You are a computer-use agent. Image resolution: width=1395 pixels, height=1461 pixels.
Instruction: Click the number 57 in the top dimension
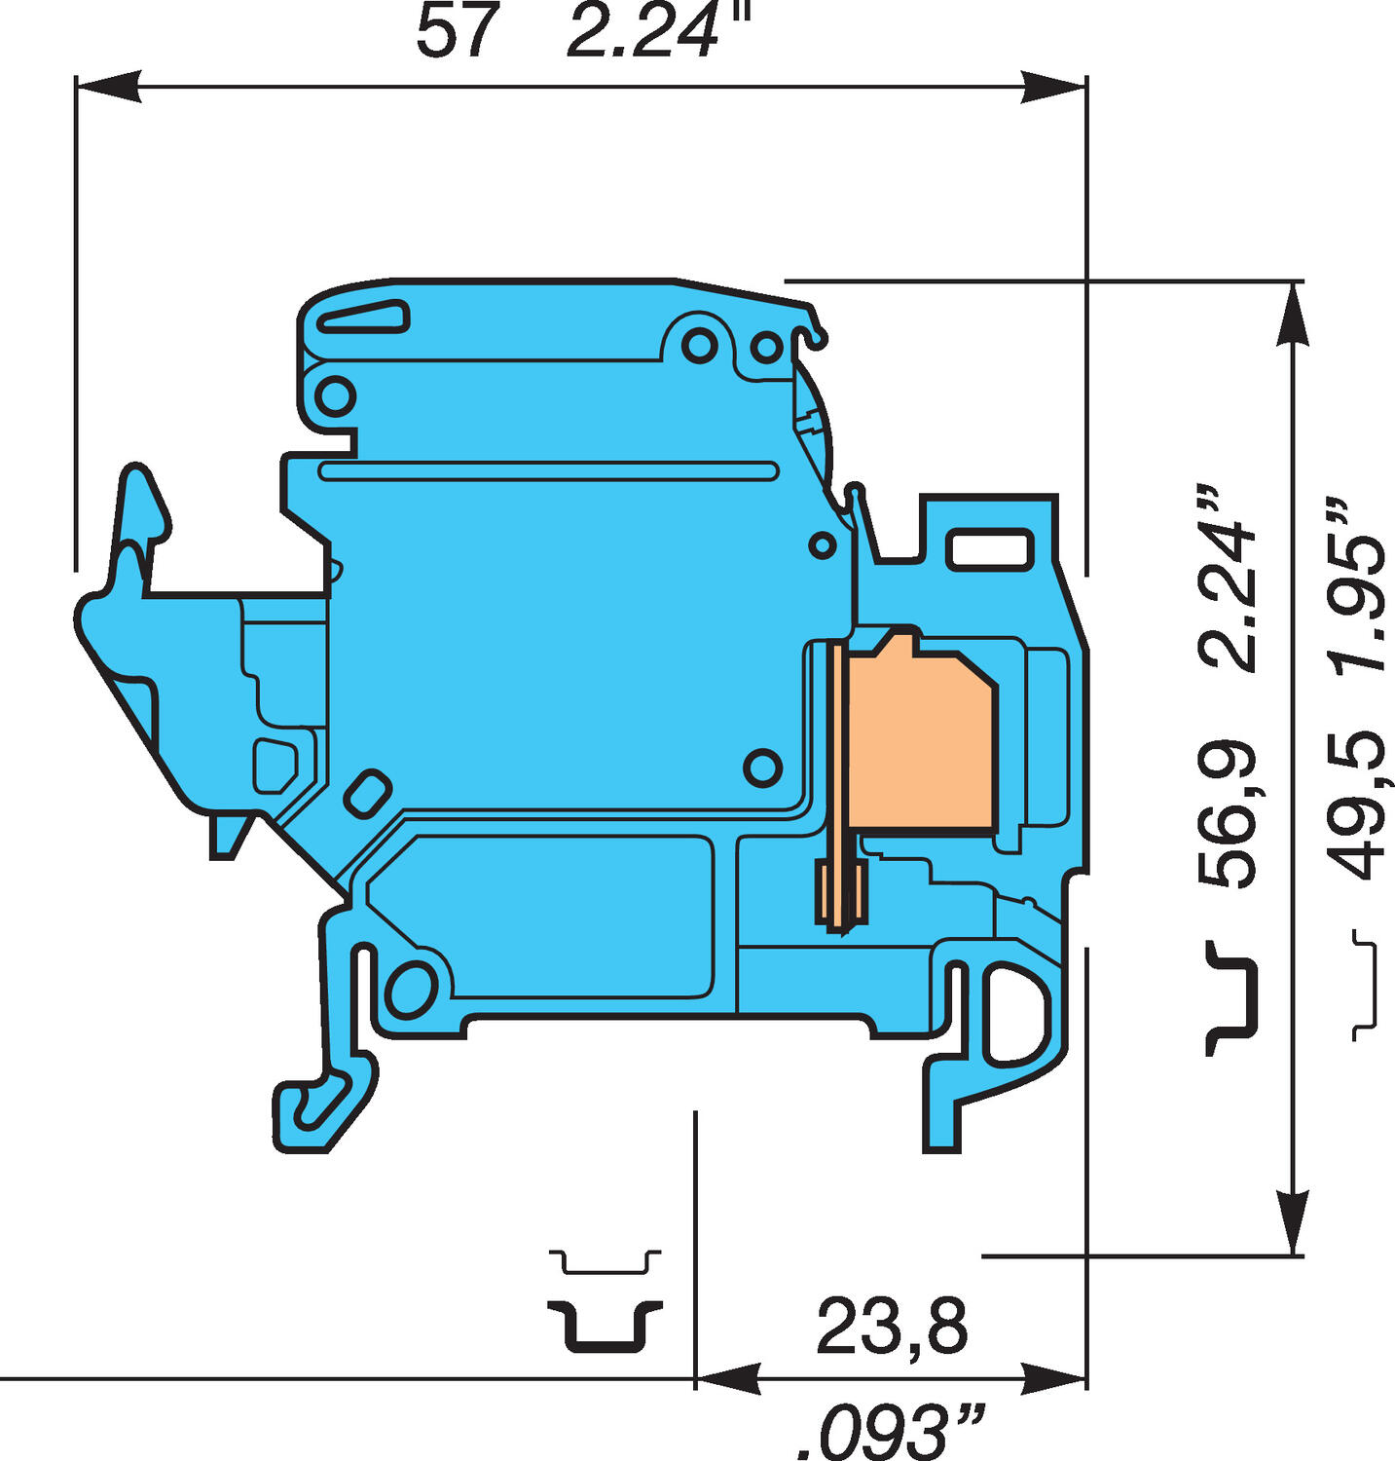tap(456, 31)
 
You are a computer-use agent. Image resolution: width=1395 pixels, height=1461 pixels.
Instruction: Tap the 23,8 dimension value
tap(892, 1327)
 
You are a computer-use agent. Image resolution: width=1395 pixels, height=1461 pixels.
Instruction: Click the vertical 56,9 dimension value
tap(1228, 813)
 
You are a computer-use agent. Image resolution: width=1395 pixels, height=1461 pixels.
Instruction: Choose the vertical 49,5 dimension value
tap(1357, 806)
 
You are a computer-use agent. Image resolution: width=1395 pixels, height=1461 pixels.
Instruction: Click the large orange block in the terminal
tap(920, 740)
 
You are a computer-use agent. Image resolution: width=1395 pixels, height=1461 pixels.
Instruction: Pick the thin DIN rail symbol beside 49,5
tap(1367, 985)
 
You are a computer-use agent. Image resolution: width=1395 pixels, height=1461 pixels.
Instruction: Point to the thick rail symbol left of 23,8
tap(605, 1325)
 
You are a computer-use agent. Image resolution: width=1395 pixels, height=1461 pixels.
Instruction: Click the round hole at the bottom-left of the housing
tap(410, 989)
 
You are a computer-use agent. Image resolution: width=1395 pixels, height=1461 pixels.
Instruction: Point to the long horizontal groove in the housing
tap(548, 471)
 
